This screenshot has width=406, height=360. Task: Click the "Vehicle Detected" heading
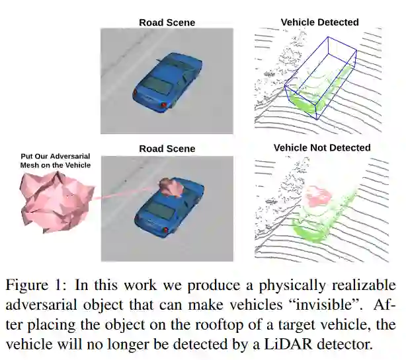tap(319, 22)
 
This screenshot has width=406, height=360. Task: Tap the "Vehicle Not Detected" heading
tap(322, 147)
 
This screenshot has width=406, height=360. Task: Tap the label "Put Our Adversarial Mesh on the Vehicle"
tap(55, 161)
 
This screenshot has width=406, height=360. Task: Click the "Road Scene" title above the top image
tap(167, 22)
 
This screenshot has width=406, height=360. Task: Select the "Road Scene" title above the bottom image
tap(167, 149)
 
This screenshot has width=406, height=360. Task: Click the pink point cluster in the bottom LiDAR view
tap(320, 195)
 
